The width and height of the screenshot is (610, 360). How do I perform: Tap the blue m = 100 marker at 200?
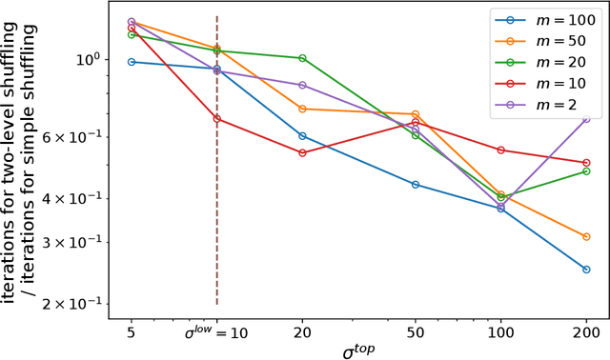click(x=586, y=270)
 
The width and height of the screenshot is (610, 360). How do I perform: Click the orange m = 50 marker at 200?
click(x=586, y=236)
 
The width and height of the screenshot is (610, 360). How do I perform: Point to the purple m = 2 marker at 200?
click(x=586, y=119)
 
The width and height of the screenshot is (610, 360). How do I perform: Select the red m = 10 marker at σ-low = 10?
click(x=217, y=119)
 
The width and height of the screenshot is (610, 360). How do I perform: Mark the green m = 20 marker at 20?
click(x=302, y=58)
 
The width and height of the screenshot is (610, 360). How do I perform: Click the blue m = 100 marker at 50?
click(x=416, y=184)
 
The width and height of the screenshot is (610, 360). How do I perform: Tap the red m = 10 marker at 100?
click(x=500, y=150)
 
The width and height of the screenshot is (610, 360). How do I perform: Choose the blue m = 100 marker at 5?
click(x=132, y=62)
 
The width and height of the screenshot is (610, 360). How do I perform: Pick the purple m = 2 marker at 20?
click(x=302, y=85)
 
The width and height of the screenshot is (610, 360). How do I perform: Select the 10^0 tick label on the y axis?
click(x=88, y=59)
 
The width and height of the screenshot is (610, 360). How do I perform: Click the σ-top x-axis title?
click(x=358, y=350)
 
